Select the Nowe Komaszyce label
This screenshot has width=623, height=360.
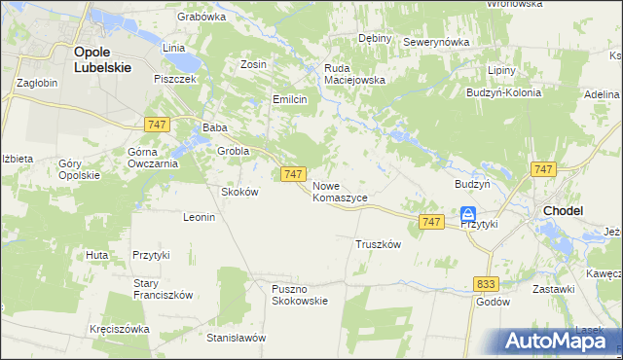[x=340, y=191]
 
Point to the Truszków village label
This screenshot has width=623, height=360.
[x=379, y=245]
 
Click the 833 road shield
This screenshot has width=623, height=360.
[x=488, y=283]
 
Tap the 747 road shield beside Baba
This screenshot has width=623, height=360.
[x=157, y=124]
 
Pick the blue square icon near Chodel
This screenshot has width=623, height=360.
[x=468, y=213]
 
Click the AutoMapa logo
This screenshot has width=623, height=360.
[x=559, y=341]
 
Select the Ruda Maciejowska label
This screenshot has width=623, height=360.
[x=355, y=74]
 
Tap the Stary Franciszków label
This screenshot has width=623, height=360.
[x=165, y=289]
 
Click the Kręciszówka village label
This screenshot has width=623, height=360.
[x=119, y=329]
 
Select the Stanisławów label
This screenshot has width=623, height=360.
[x=237, y=339]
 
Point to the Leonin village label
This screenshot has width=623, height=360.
[x=199, y=217]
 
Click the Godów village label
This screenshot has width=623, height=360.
[x=494, y=302]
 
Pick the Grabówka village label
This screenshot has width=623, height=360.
[x=202, y=17]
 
